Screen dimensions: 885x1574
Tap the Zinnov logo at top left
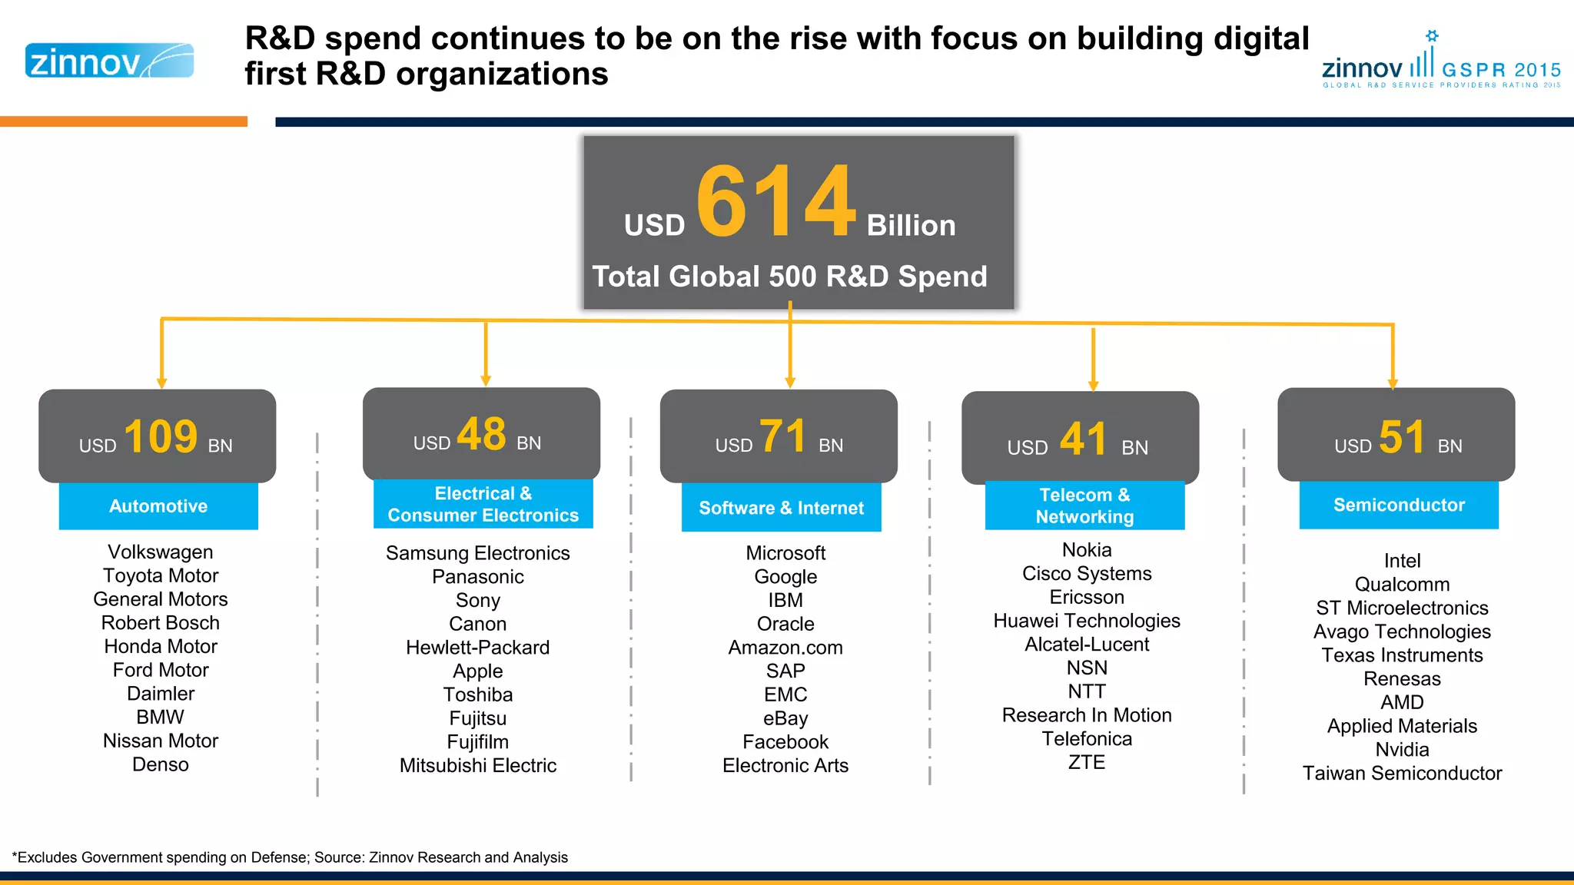(x=109, y=61)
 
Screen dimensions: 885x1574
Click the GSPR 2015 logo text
(x=1500, y=70)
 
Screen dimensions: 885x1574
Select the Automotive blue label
(x=158, y=506)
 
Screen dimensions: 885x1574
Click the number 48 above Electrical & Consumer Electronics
(x=481, y=434)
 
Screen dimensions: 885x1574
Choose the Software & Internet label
(x=781, y=508)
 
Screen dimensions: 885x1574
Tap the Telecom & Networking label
(x=1084, y=505)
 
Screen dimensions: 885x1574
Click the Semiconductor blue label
(x=1399, y=505)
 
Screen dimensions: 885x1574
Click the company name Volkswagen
(x=160, y=552)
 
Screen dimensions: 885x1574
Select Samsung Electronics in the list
(x=477, y=553)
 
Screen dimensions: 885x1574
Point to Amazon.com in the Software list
(x=785, y=648)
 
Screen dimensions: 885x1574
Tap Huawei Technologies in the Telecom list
(x=1086, y=621)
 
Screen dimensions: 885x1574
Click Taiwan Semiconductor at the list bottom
(x=1402, y=773)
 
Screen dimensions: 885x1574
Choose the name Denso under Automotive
(x=160, y=764)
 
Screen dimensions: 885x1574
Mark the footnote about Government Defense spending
(x=290, y=857)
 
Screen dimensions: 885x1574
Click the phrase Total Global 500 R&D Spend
(x=789, y=277)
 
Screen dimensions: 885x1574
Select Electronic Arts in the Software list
(x=785, y=765)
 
